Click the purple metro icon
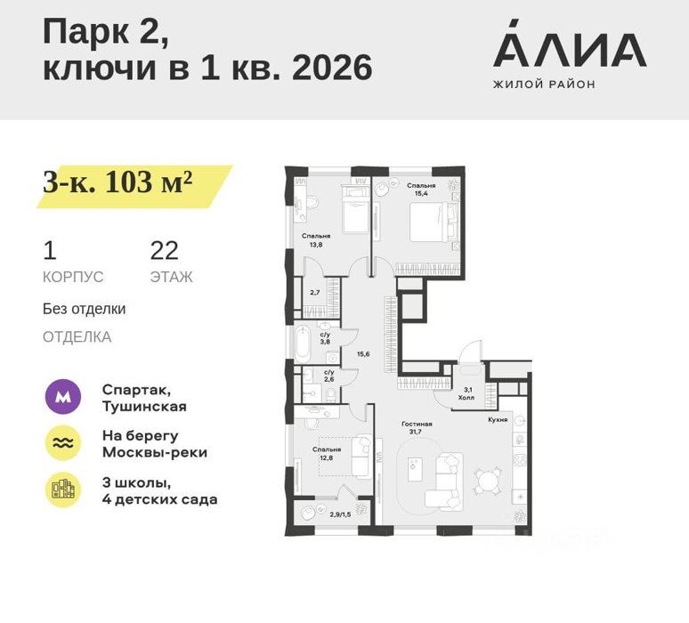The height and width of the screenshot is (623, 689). pos(63,397)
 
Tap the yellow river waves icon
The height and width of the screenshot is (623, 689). pos(63,443)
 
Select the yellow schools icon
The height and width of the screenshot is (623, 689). pos(63,489)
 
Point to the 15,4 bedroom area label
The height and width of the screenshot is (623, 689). pos(420,190)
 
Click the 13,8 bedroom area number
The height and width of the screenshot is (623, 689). pos(316,245)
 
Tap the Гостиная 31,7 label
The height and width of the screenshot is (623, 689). pos(417,427)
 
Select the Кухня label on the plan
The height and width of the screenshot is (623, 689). pos(498,419)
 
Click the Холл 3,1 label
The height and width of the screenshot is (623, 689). pos(466,393)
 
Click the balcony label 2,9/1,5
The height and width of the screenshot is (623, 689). pos(340,514)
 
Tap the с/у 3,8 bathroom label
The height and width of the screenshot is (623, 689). pos(325,338)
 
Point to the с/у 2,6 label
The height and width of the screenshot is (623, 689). pos(329,376)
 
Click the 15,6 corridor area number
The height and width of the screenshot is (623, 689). pos(363,353)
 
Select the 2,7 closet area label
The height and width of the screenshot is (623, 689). pos(314,292)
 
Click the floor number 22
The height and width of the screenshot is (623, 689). pos(165,251)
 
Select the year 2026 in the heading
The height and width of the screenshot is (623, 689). pos(332,68)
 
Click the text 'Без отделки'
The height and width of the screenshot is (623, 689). pos(84,309)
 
